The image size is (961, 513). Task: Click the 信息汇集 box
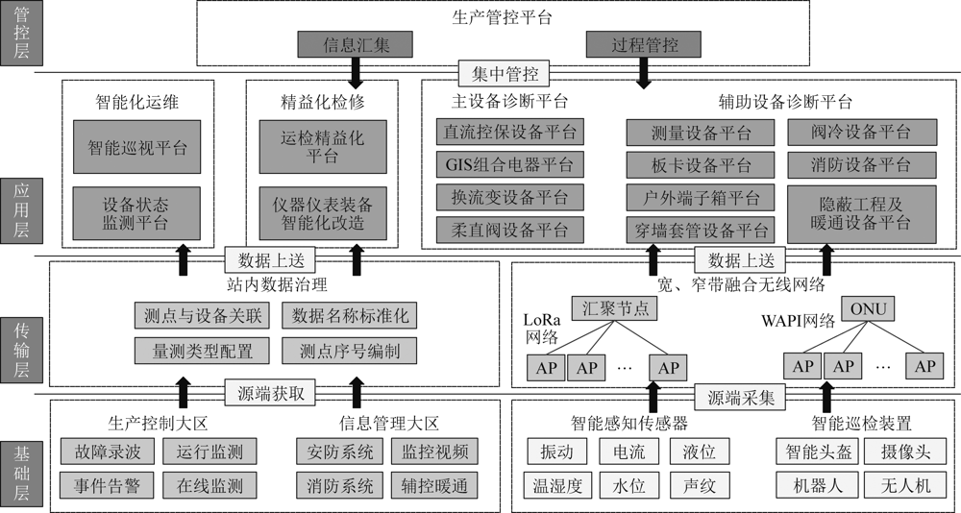click(355, 45)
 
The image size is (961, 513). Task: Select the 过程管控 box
click(644, 45)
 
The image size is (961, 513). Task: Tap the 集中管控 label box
click(505, 74)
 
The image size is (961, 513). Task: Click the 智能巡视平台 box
click(136, 147)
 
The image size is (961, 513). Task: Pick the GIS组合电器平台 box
click(510, 164)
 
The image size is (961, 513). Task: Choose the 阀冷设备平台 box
click(862, 132)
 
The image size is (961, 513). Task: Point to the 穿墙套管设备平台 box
click(701, 230)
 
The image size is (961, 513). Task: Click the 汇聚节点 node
click(614, 308)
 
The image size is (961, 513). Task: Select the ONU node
click(868, 309)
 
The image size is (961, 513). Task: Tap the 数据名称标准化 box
click(350, 316)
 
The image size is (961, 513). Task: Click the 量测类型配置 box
click(202, 352)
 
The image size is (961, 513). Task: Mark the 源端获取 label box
click(270, 393)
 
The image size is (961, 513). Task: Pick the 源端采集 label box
click(740, 398)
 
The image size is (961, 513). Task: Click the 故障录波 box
click(108, 452)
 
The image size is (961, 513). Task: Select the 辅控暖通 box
click(434, 486)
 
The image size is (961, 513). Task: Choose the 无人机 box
click(905, 486)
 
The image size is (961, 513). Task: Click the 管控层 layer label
click(21, 33)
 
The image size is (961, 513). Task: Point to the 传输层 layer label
click(21, 350)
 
